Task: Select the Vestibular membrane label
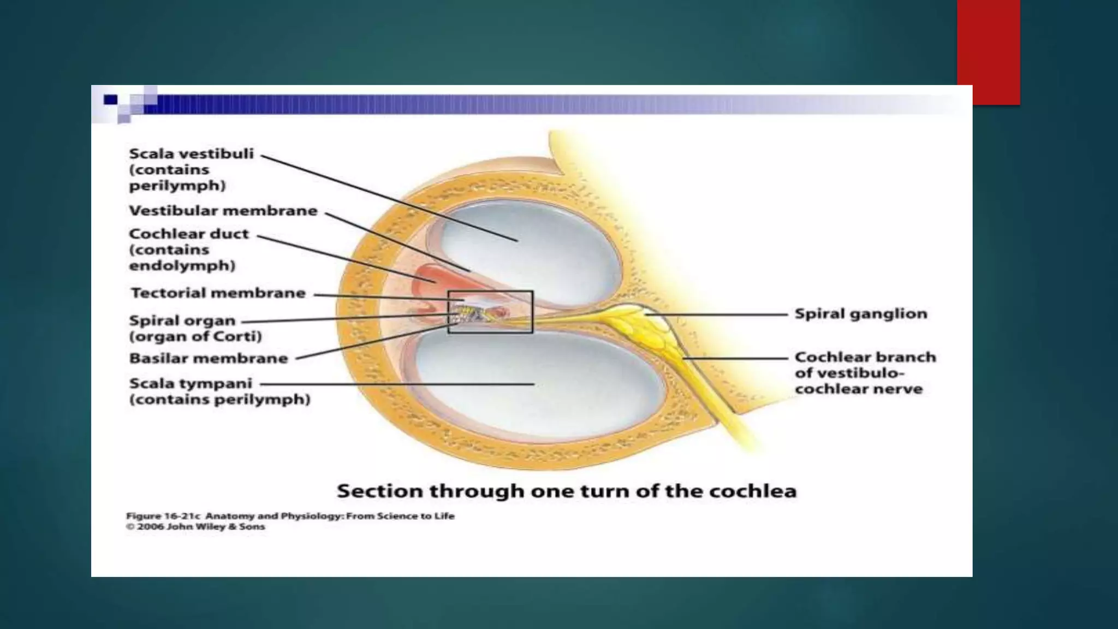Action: click(223, 211)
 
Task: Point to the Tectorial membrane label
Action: click(218, 293)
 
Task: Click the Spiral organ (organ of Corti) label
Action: click(195, 328)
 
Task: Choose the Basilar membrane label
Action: click(209, 358)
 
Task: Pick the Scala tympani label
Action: click(219, 391)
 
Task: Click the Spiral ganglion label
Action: click(861, 314)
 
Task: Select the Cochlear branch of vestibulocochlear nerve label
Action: click(865, 373)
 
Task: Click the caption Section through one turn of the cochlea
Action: click(567, 491)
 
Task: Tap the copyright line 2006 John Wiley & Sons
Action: click(195, 527)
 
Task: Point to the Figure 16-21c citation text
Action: click(290, 516)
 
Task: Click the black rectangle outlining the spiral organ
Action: click(490, 292)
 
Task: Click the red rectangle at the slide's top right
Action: click(989, 52)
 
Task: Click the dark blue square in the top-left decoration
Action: click(111, 99)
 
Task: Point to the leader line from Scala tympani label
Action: click(397, 384)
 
